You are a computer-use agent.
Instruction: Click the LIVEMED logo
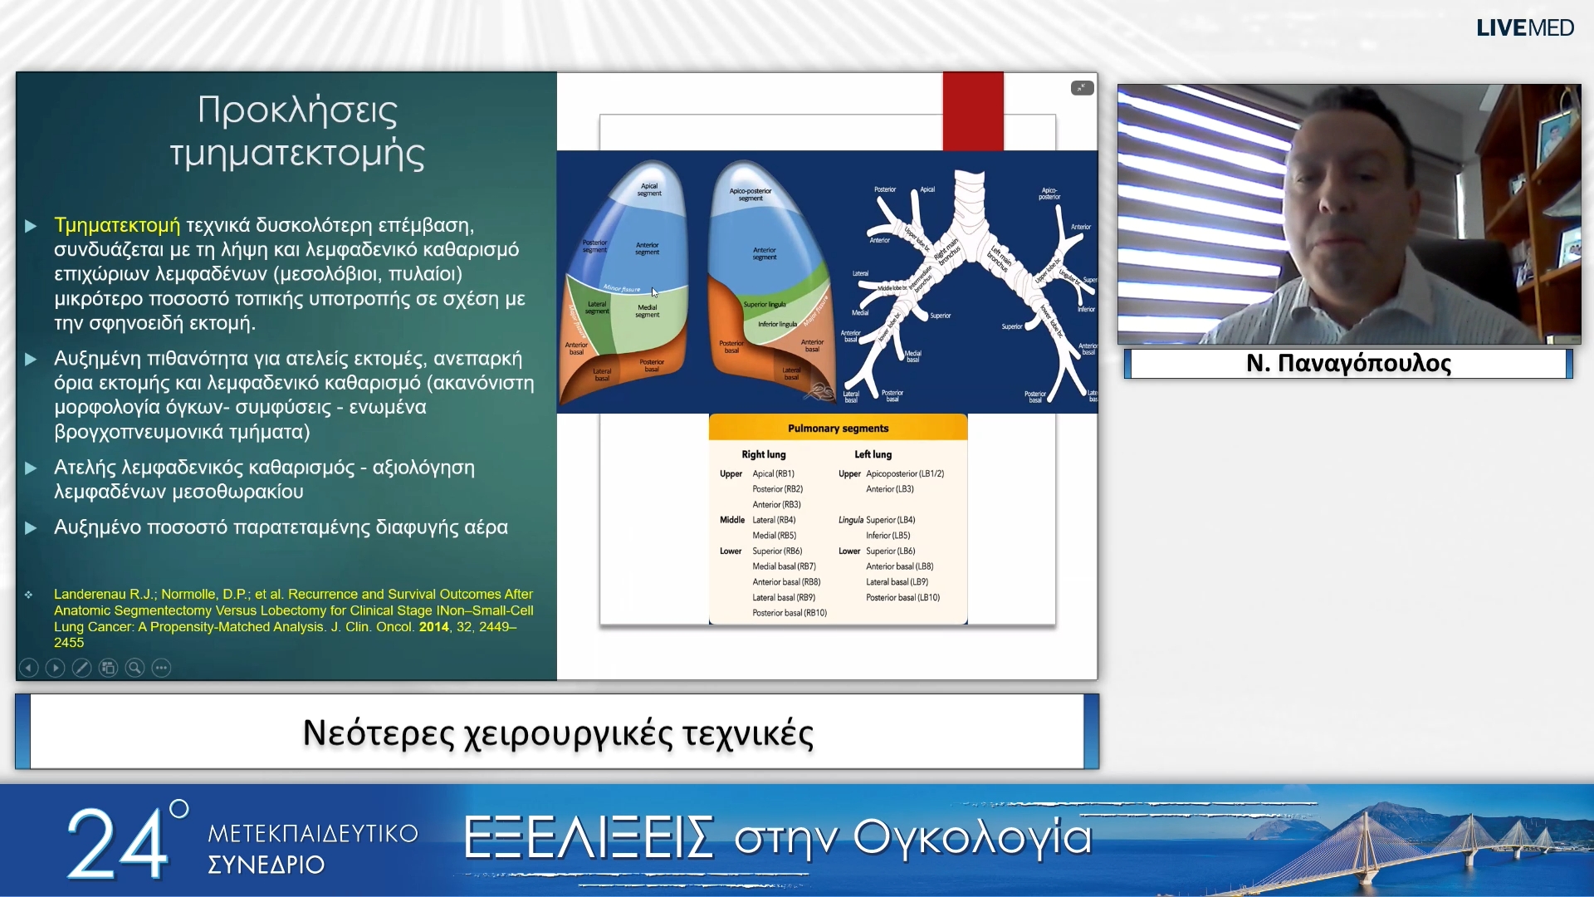click(1524, 28)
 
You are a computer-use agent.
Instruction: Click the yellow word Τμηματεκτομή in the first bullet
click(117, 225)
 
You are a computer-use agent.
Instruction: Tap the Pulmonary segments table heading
click(838, 429)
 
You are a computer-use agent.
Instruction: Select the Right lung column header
click(763, 454)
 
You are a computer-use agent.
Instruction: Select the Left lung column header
click(873, 454)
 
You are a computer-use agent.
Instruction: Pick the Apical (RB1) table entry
click(773, 473)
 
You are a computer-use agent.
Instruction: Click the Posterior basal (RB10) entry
click(789, 613)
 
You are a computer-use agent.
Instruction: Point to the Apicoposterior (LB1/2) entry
click(904, 473)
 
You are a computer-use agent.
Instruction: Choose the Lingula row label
click(850, 520)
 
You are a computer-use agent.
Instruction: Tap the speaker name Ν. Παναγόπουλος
click(1348, 364)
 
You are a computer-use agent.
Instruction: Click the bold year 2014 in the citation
click(433, 627)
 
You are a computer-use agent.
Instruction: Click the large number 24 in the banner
click(116, 845)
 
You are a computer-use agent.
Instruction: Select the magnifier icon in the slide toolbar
click(134, 668)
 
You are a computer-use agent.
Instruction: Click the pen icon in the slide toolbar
click(81, 668)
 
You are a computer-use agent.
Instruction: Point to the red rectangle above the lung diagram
click(972, 111)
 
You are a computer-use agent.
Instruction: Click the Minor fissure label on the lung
click(622, 289)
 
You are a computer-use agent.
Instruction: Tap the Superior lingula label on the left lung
click(764, 305)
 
